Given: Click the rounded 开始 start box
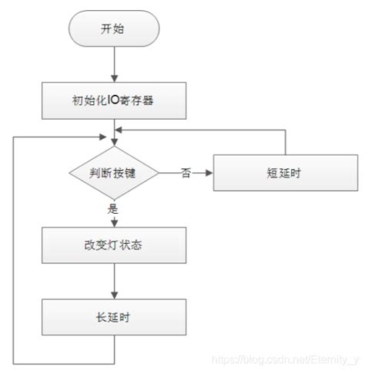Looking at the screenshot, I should pos(114,29).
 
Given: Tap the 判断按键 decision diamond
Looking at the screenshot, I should pos(114,173).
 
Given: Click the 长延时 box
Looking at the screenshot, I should pos(114,318).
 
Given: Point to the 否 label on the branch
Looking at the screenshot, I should pos(186,172).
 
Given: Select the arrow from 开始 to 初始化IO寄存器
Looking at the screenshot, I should pos(114,62).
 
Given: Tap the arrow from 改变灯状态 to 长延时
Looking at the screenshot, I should pos(114,282).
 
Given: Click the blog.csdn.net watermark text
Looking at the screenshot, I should pos(285,359).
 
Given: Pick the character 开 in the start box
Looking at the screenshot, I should pos(107,29).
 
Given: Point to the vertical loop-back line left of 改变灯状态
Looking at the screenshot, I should pos(14,247).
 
